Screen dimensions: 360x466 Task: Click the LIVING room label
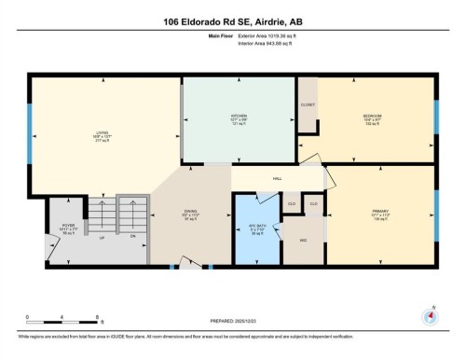[101, 133]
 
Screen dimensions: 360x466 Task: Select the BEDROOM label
[373, 117]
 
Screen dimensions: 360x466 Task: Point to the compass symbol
[429, 316]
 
